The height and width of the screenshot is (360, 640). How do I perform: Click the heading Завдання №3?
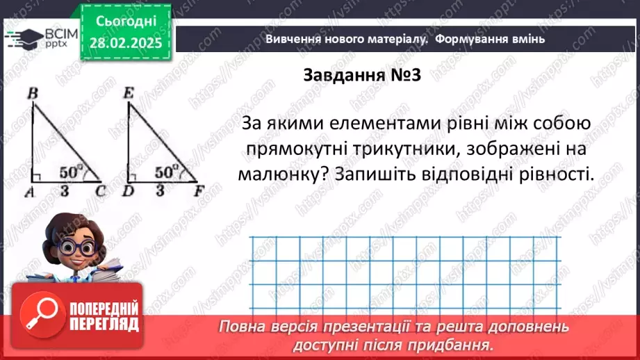coord(363,76)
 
